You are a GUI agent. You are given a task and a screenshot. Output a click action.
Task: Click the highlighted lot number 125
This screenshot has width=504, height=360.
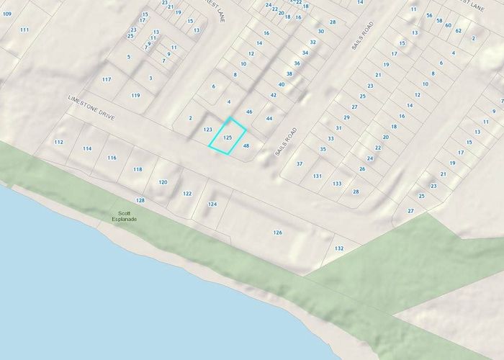point(228,137)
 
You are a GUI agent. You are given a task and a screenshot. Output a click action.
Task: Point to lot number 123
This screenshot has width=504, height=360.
point(207,130)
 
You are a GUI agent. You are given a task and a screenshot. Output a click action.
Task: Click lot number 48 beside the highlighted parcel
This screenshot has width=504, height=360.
point(246,145)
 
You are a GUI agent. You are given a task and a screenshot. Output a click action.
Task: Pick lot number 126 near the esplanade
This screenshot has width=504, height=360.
point(277,232)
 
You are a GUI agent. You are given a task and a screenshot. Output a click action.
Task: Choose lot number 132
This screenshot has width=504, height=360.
point(339,248)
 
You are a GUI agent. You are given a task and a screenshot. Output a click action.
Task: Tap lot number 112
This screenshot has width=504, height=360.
point(59,142)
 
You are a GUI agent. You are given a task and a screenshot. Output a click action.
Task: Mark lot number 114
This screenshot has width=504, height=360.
point(87,148)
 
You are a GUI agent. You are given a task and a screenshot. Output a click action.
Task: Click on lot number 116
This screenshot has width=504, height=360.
point(112,158)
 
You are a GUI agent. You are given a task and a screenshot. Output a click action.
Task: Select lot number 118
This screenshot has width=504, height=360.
point(138,169)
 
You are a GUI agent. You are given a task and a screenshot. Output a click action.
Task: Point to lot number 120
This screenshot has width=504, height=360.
point(163,182)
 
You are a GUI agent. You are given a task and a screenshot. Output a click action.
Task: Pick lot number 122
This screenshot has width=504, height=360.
point(187,194)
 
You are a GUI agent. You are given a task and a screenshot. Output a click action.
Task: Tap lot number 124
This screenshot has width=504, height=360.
point(212,204)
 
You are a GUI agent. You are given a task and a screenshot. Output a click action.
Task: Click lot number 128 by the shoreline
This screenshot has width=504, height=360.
point(140,200)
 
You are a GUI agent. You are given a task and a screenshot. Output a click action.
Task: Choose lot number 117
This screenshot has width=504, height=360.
point(107,79)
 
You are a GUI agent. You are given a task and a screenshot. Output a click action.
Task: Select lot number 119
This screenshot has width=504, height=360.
point(135,95)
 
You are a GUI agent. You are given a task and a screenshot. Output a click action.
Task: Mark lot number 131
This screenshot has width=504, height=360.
point(317,176)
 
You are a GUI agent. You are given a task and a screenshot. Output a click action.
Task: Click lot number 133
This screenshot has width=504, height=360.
point(337,184)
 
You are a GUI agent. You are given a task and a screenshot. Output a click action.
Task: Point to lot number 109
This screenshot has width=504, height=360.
point(7,14)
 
